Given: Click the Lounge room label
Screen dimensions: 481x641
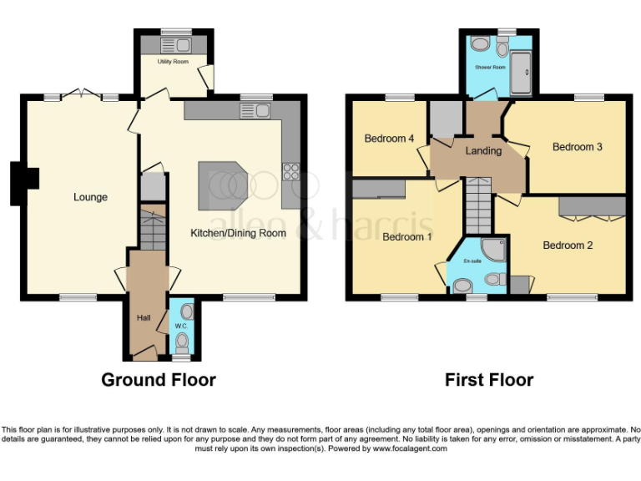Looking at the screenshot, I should pyautogui.click(x=90, y=197).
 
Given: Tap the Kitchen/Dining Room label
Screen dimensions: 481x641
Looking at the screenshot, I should pyautogui.click(x=238, y=233).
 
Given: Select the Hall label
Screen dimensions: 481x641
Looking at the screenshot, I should pyautogui.click(x=143, y=317).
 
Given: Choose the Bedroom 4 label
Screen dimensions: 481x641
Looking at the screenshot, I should pyautogui.click(x=389, y=139).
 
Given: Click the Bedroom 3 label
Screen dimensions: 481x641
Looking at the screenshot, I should pyautogui.click(x=578, y=147).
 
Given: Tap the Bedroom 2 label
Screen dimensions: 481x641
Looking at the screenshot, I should pyautogui.click(x=568, y=246).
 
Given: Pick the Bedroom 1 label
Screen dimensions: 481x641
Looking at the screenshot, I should pyautogui.click(x=407, y=237).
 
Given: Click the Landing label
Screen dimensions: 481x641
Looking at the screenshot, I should pyautogui.click(x=483, y=151).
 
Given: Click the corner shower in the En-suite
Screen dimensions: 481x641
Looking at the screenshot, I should pyautogui.click(x=493, y=250).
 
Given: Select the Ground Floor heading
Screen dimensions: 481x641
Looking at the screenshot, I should pyautogui.click(x=159, y=380).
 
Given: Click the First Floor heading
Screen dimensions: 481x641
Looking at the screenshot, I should pyautogui.click(x=489, y=380).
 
